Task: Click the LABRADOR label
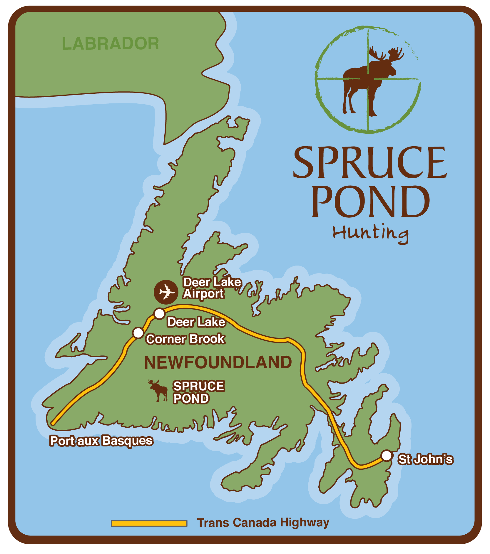click(x=110, y=44)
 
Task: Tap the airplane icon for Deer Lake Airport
click(x=166, y=292)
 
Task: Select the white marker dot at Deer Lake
click(x=159, y=314)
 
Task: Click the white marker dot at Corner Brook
click(x=138, y=333)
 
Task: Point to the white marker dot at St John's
click(x=387, y=456)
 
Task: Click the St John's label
click(x=425, y=459)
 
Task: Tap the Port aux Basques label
click(x=101, y=441)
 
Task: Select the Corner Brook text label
click(x=185, y=339)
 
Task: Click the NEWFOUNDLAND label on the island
click(x=218, y=362)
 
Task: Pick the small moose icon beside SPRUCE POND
click(x=158, y=390)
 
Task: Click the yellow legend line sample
click(x=149, y=523)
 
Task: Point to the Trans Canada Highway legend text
click(x=263, y=523)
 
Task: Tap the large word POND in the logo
click(x=370, y=202)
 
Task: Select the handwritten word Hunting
click(x=370, y=234)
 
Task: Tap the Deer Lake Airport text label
click(x=212, y=288)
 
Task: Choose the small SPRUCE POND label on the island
click(x=198, y=392)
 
